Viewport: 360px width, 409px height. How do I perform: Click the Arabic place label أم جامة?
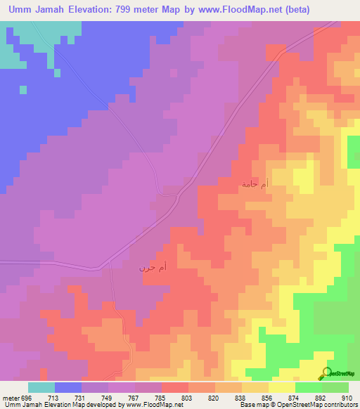[254, 184]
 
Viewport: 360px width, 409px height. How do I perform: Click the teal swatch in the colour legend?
[41, 387]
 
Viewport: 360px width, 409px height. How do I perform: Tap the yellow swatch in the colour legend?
[282, 387]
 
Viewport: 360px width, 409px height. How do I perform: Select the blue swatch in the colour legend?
[68, 387]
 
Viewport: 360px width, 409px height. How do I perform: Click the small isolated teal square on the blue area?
[23, 89]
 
